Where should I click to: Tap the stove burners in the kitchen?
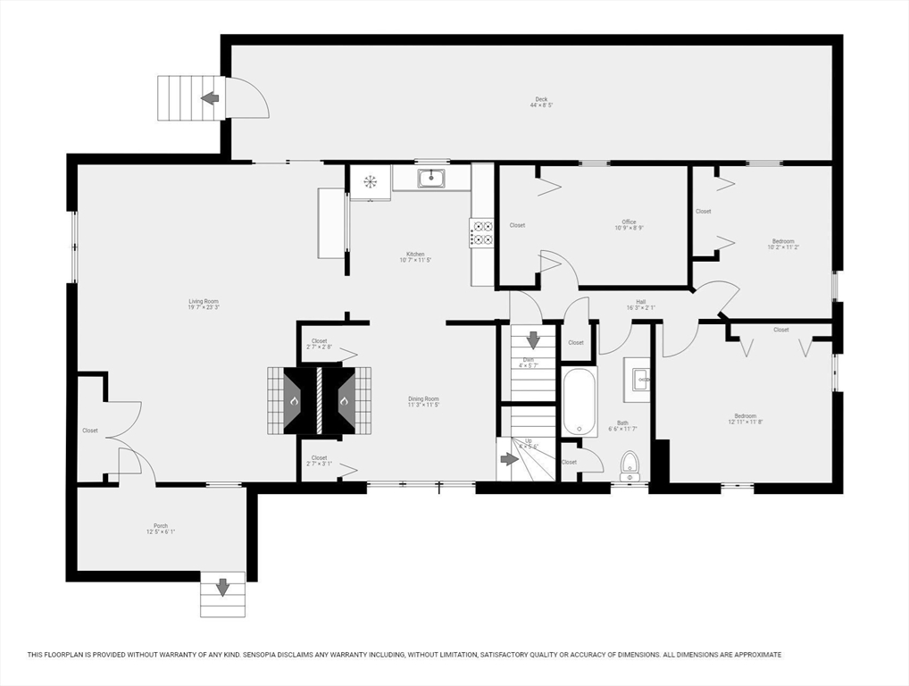pos(482,233)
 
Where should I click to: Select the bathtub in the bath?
pos(579,402)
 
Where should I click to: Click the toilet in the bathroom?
pos(630,464)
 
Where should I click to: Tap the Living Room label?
pos(204,304)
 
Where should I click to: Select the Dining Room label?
pos(423,401)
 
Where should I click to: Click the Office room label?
pos(630,225)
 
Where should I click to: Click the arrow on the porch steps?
pos(221,588)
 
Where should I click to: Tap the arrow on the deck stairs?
pos(211,97)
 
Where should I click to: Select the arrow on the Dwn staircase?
pos(533,340)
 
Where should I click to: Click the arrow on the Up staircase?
pos(509,459)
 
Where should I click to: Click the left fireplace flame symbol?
pos(294,401)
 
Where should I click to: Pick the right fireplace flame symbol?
pos(344,401)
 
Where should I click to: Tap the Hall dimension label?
pos(641,305)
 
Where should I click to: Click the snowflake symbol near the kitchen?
pos(370,181)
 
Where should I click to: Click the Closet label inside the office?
pos(517,225)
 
